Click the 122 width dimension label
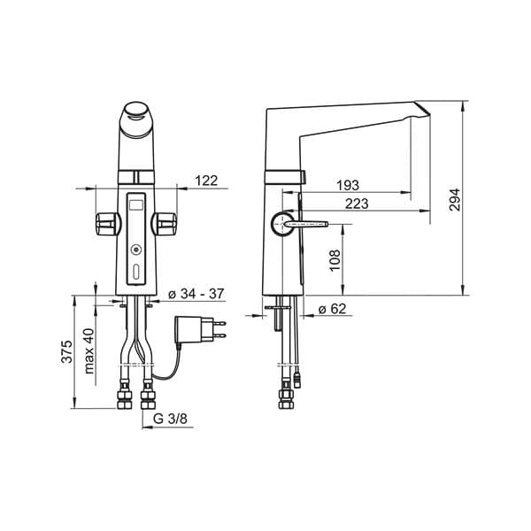click(x=206, y=181)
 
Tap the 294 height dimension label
click(x=455, y=200)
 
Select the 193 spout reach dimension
click(x=348, y=185)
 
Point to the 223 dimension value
click(x=357, y=204)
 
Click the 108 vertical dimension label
click(x=335, y=260)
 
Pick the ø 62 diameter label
click(x=333, y=309)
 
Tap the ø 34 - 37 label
click(x=196, y=294)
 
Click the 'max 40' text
click(x=89, y=351)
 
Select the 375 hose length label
click(x=67, y=351)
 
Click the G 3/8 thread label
click(x=170, y=419)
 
